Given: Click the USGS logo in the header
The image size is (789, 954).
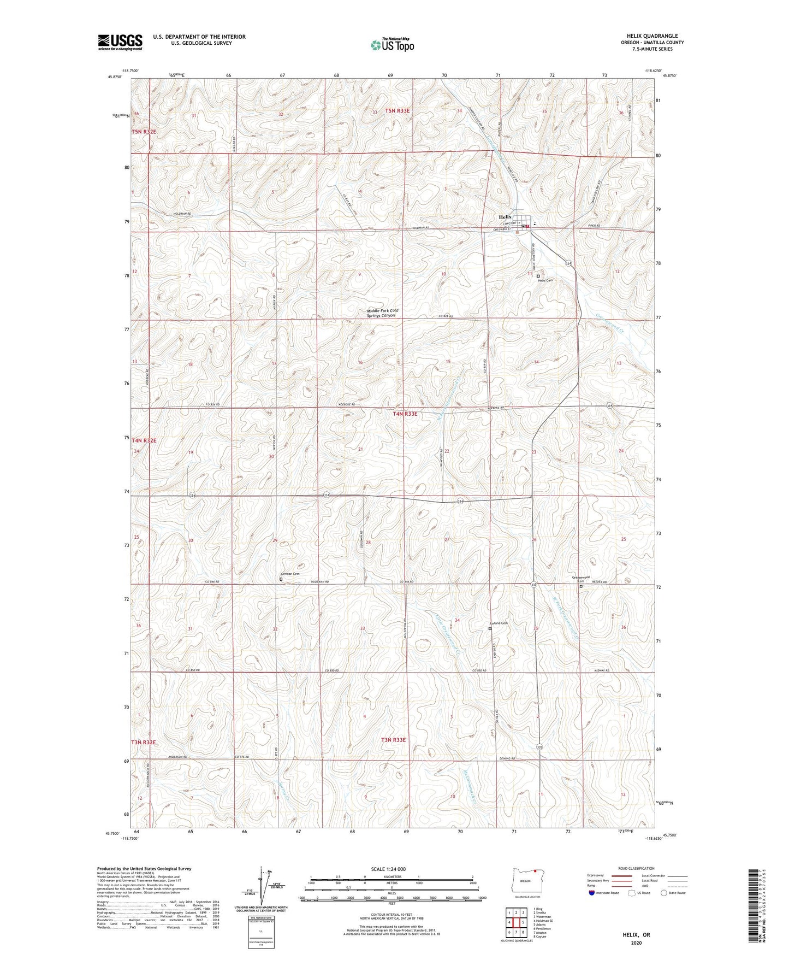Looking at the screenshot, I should (x=120, y=42).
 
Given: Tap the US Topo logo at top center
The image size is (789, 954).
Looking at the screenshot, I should (x=391, y=44).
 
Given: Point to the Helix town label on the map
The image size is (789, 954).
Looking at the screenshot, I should (x=506, y=217).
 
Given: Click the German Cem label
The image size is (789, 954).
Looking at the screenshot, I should (x=290, y=574).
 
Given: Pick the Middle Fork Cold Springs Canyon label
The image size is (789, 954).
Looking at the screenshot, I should (x=382, y=313).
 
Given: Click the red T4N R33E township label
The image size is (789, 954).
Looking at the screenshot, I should (x=405, y=414).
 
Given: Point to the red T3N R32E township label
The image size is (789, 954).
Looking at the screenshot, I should (x=144, y=742).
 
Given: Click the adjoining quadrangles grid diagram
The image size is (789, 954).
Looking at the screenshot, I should (x=516, y=922).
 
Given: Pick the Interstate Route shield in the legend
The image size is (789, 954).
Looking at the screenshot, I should (x=592, y=893).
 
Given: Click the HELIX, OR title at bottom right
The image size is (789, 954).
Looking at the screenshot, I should (x=636, y=935).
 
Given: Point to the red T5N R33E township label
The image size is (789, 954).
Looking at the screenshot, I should (x=397, y=111).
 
